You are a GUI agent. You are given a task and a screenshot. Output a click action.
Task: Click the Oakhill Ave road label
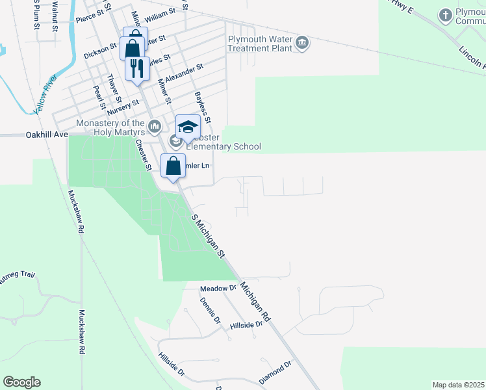(x=47, y=135)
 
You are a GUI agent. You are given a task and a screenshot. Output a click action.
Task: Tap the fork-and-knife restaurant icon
(x=136, y=68)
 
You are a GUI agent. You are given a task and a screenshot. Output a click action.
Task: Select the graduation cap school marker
(x=188, y=127)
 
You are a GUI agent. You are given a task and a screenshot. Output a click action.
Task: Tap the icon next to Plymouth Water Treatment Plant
(x=301, y=44)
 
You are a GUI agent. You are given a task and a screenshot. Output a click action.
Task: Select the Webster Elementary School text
(x=223, y=146)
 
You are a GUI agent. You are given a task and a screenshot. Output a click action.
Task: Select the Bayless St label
(x=203, y=108)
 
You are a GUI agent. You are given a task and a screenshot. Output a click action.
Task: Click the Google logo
(x=21, y=382)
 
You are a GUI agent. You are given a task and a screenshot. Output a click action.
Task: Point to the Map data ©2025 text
(x=458, y=385)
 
